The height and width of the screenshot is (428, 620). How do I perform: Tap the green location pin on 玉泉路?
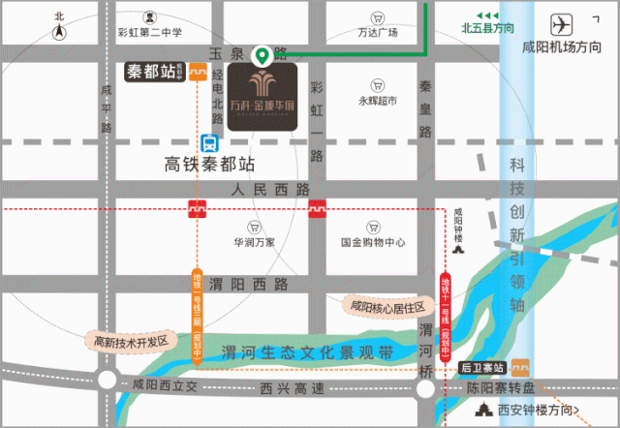[x=261, y=55]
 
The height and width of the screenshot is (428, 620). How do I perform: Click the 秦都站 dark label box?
[x=155, y=71]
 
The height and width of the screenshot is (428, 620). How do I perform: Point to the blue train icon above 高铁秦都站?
[x=208, y=141]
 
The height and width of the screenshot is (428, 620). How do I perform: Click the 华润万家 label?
[x=255, y=242]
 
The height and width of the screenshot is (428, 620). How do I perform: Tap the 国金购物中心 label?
[x=373, y=242]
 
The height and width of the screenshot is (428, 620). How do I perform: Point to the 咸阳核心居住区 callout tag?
[x=388, y=305]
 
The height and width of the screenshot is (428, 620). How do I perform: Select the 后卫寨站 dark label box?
[x=482, y=367]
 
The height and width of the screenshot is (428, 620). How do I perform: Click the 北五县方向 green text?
[x=487, y=28]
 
